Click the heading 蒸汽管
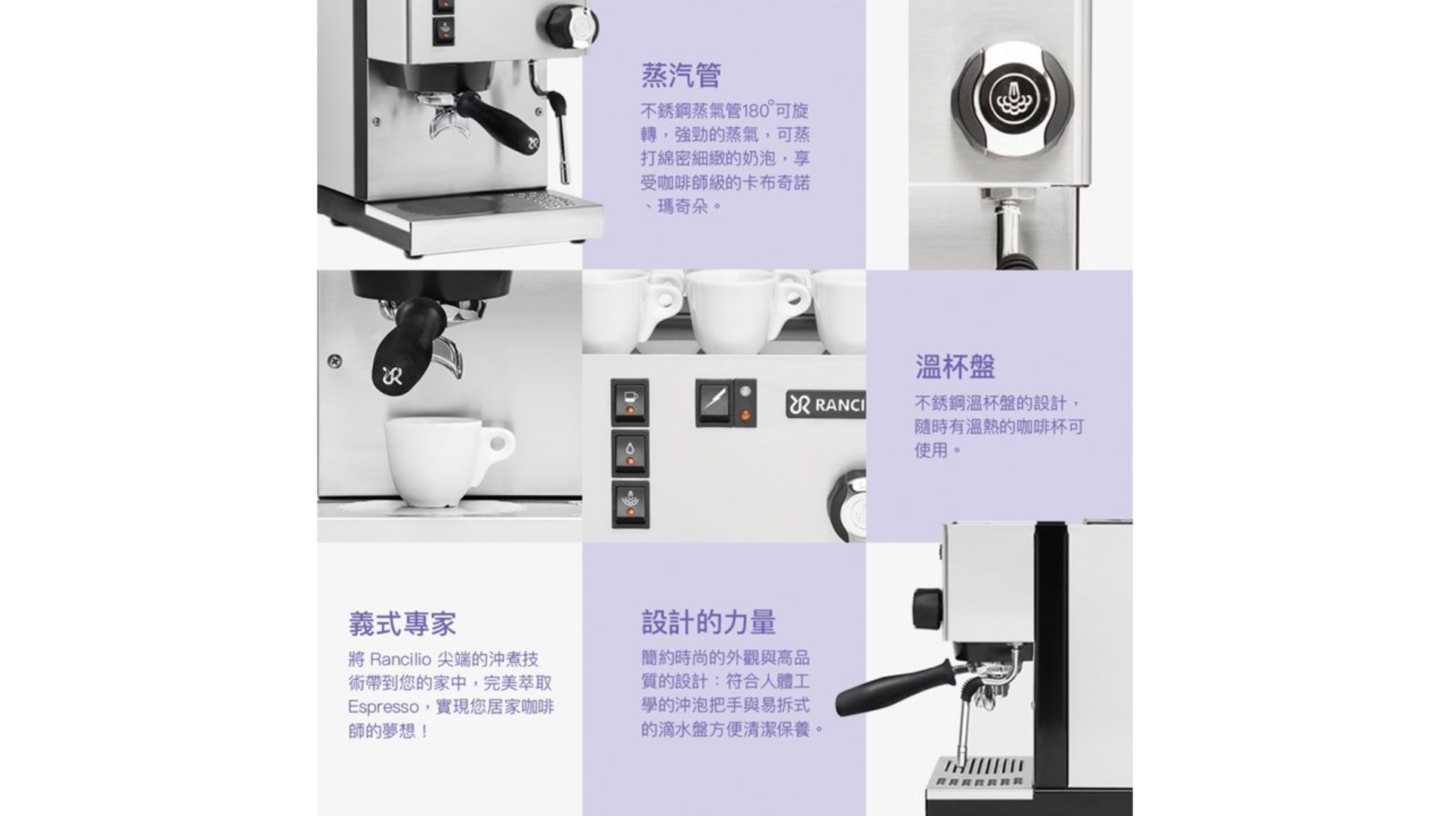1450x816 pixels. [x=681, y=76]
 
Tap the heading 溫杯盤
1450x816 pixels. [x=955, y=366]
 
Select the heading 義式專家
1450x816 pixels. [x=403, y=623]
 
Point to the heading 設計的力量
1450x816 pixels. [x=708, y=622]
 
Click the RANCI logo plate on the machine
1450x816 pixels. [x=825, y=406]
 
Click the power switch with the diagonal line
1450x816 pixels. [x=714, y=402]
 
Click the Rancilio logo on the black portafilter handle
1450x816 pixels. [x=392, y=376]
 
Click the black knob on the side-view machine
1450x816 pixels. [x=926, y=609]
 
